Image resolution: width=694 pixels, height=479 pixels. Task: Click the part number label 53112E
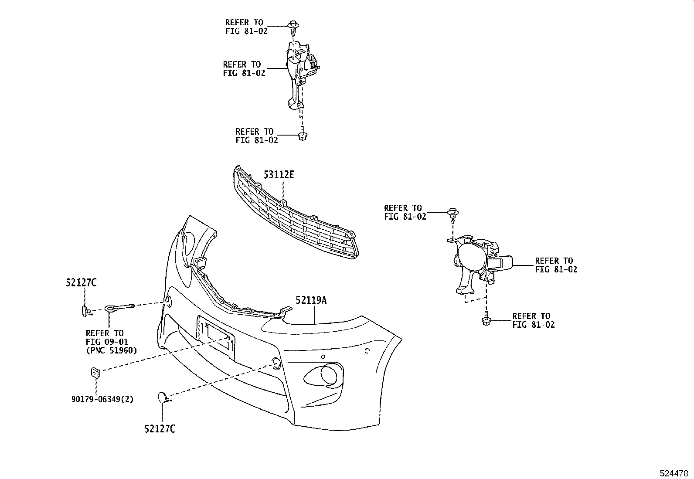point(279,175)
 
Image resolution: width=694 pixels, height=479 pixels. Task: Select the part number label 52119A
point(311,300)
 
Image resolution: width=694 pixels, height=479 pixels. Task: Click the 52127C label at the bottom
point(160,429)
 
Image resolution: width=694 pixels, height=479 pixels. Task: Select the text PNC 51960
point(111,350)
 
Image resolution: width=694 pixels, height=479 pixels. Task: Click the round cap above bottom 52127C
point(162,397)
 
